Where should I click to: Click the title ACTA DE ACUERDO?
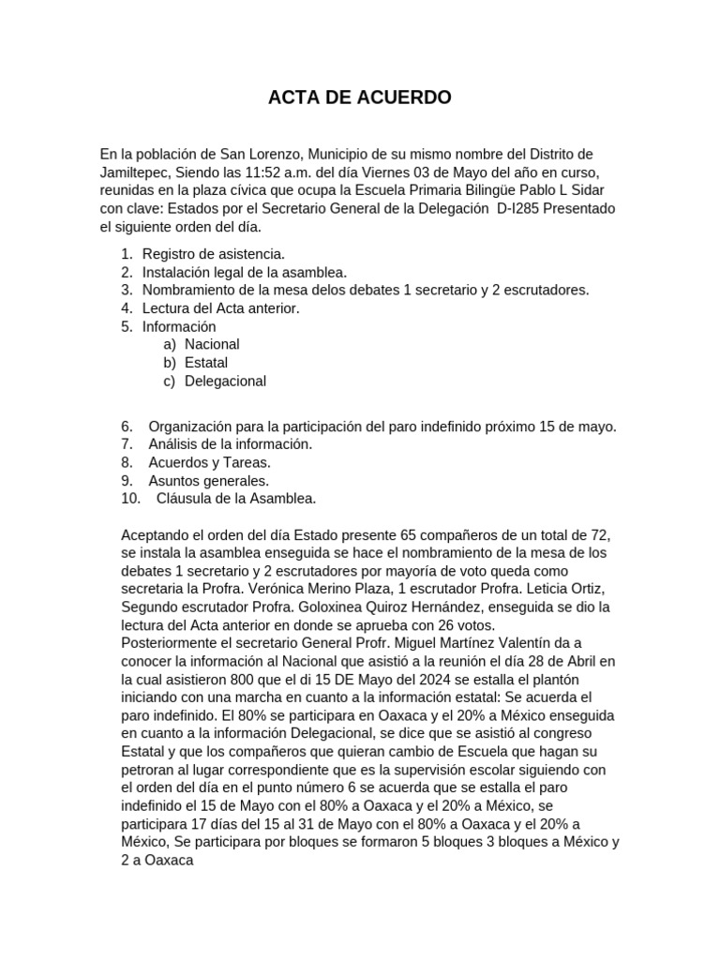coord(360,97)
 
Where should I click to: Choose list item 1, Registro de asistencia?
coord(213,254)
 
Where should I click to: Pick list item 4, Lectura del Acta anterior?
coord(220,308)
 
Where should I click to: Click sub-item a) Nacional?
coord(211,344)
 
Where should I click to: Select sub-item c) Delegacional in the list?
coord(225,381)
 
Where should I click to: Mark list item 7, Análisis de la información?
coord(230,444)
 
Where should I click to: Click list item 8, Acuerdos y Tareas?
coord(208,462)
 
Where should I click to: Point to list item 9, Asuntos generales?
coord(208,481)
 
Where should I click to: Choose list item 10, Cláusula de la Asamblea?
coord(235,499)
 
